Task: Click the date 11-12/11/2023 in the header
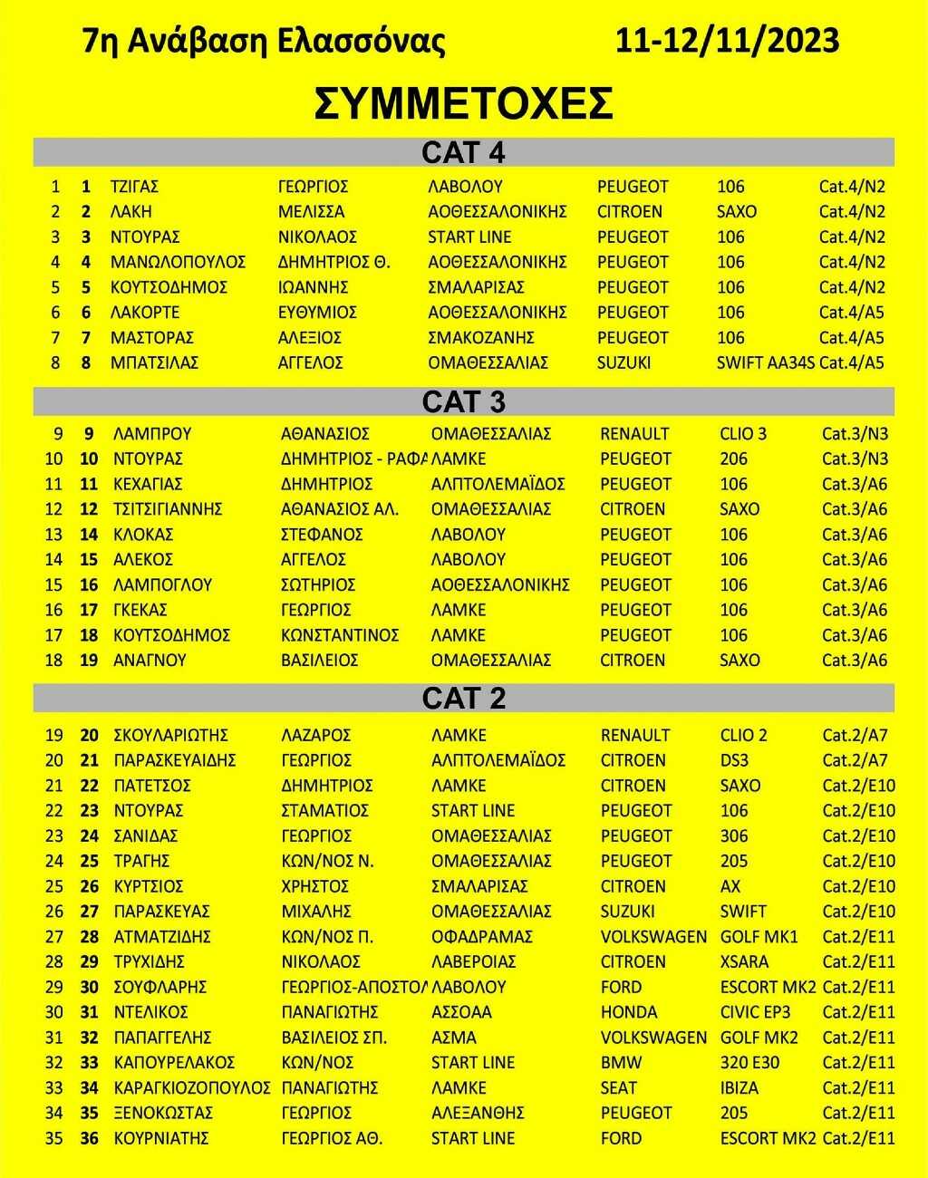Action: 727,41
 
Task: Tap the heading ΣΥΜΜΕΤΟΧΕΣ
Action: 464,103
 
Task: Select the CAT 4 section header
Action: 463,152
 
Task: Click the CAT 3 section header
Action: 463,401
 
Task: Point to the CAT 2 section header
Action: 463,698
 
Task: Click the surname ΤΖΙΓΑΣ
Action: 134,187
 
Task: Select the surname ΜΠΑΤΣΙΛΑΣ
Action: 154,362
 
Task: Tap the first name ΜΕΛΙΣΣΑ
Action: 311,212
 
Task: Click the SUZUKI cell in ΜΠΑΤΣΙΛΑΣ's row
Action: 623,362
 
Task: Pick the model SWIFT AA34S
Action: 765,362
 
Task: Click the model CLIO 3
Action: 743,433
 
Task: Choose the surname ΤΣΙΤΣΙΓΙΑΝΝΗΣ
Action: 168,509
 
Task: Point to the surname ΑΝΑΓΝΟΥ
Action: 150,661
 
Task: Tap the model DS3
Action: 734,760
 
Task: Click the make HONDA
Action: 629,1012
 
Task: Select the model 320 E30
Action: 749,1063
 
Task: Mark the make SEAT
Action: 619,1088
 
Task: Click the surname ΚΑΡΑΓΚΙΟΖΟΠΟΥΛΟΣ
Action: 192,1088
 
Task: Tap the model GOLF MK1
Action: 759,937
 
